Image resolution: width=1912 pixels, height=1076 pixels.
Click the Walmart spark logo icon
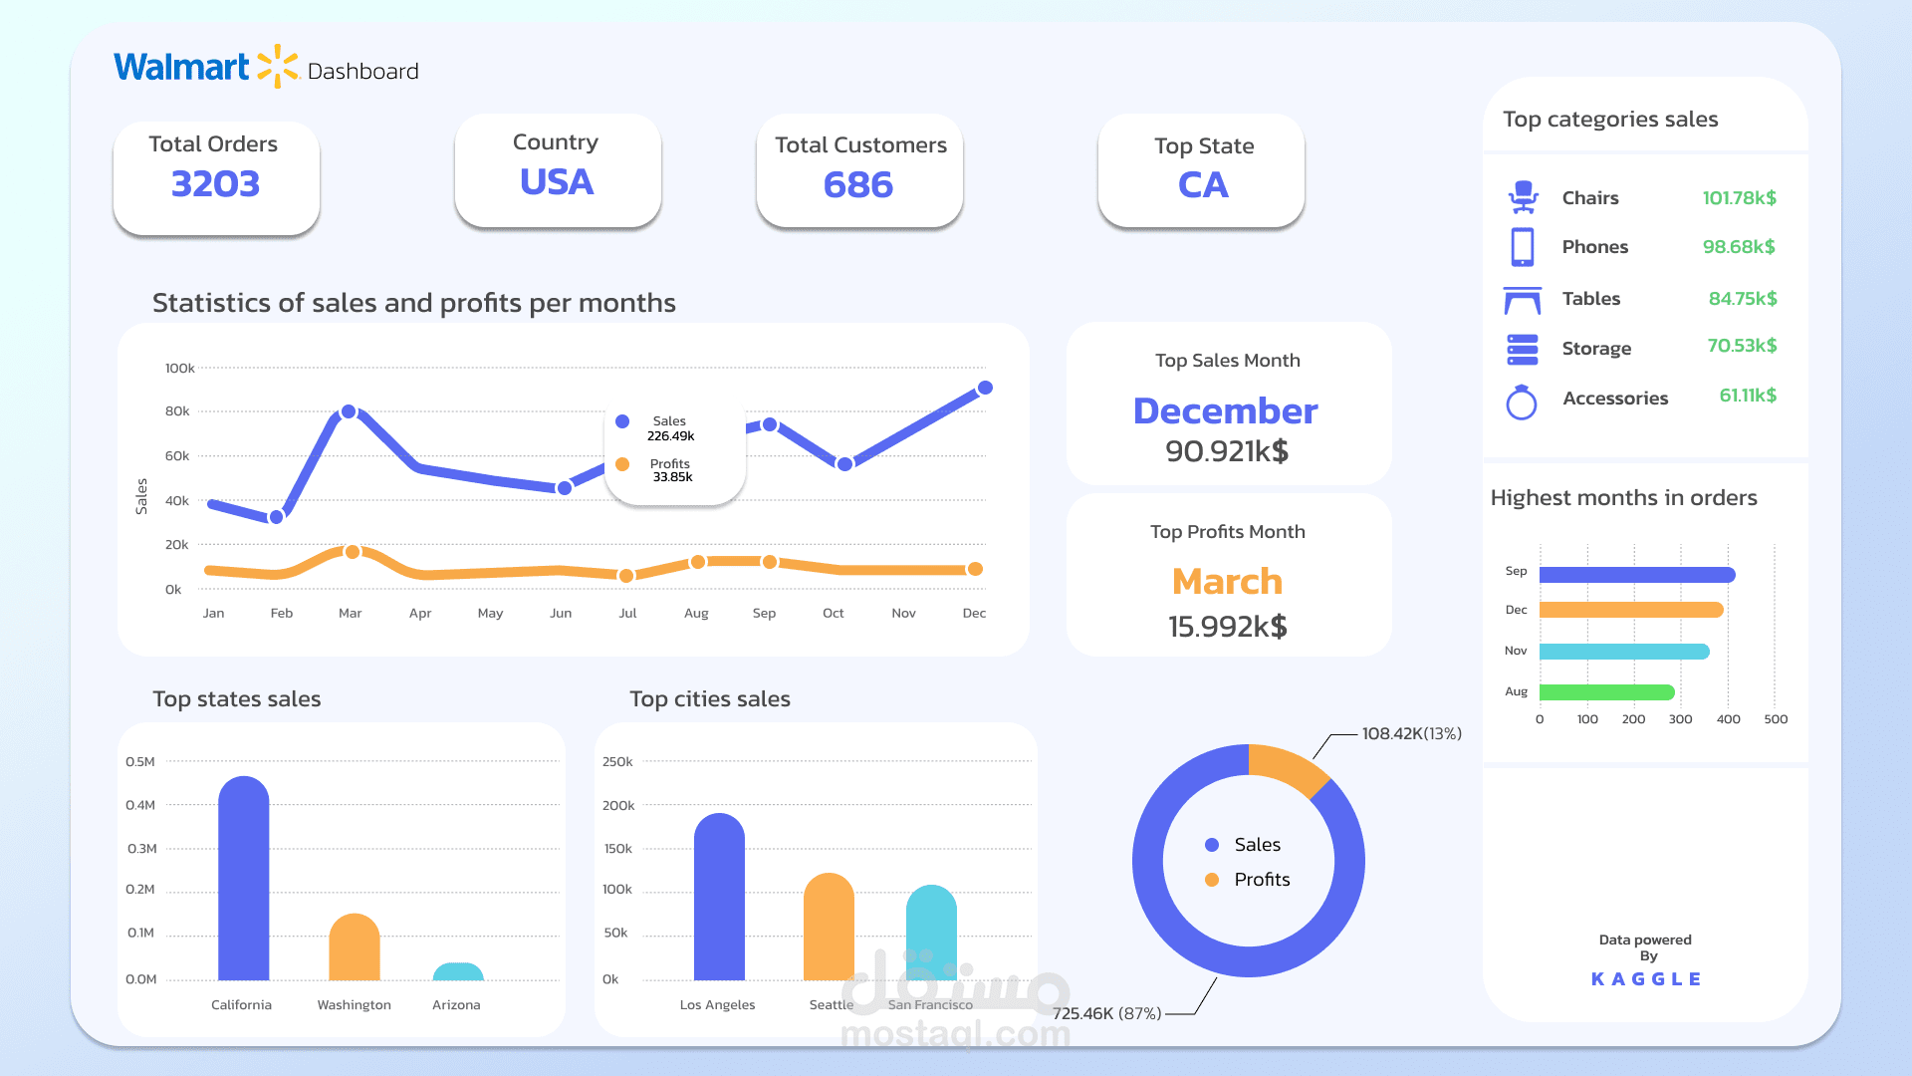(277, 66)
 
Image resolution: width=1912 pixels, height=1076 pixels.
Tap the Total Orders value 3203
(215, 184)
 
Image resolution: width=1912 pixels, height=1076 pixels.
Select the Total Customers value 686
(858, 185)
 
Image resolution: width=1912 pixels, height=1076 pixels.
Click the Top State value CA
(1203, 185)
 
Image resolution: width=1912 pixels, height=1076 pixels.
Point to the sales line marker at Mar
(349, 411)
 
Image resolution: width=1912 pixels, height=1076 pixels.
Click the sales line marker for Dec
(985, 388)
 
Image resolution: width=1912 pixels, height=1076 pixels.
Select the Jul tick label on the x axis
(627, 613)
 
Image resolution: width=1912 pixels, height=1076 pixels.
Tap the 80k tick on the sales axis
(177, 410)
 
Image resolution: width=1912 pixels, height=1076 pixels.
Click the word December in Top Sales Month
(1225, 410)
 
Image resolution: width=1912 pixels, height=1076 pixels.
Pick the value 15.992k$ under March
(1227, 627)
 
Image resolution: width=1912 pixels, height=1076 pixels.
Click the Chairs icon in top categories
(1523, 197)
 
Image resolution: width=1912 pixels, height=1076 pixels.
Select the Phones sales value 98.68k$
(1739, 246)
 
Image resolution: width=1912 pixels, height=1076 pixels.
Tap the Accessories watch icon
(1522, 402)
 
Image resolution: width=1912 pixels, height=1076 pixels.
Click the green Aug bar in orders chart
(1605, 691)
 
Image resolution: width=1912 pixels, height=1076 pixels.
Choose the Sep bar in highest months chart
(1636, 574)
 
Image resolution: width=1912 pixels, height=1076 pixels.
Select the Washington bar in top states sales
(355, 948)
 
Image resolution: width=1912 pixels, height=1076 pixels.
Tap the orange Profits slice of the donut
(1287, 768)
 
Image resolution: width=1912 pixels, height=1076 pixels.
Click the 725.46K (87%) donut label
(1106, 1013)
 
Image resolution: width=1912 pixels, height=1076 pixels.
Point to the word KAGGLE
(1646, 979)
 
